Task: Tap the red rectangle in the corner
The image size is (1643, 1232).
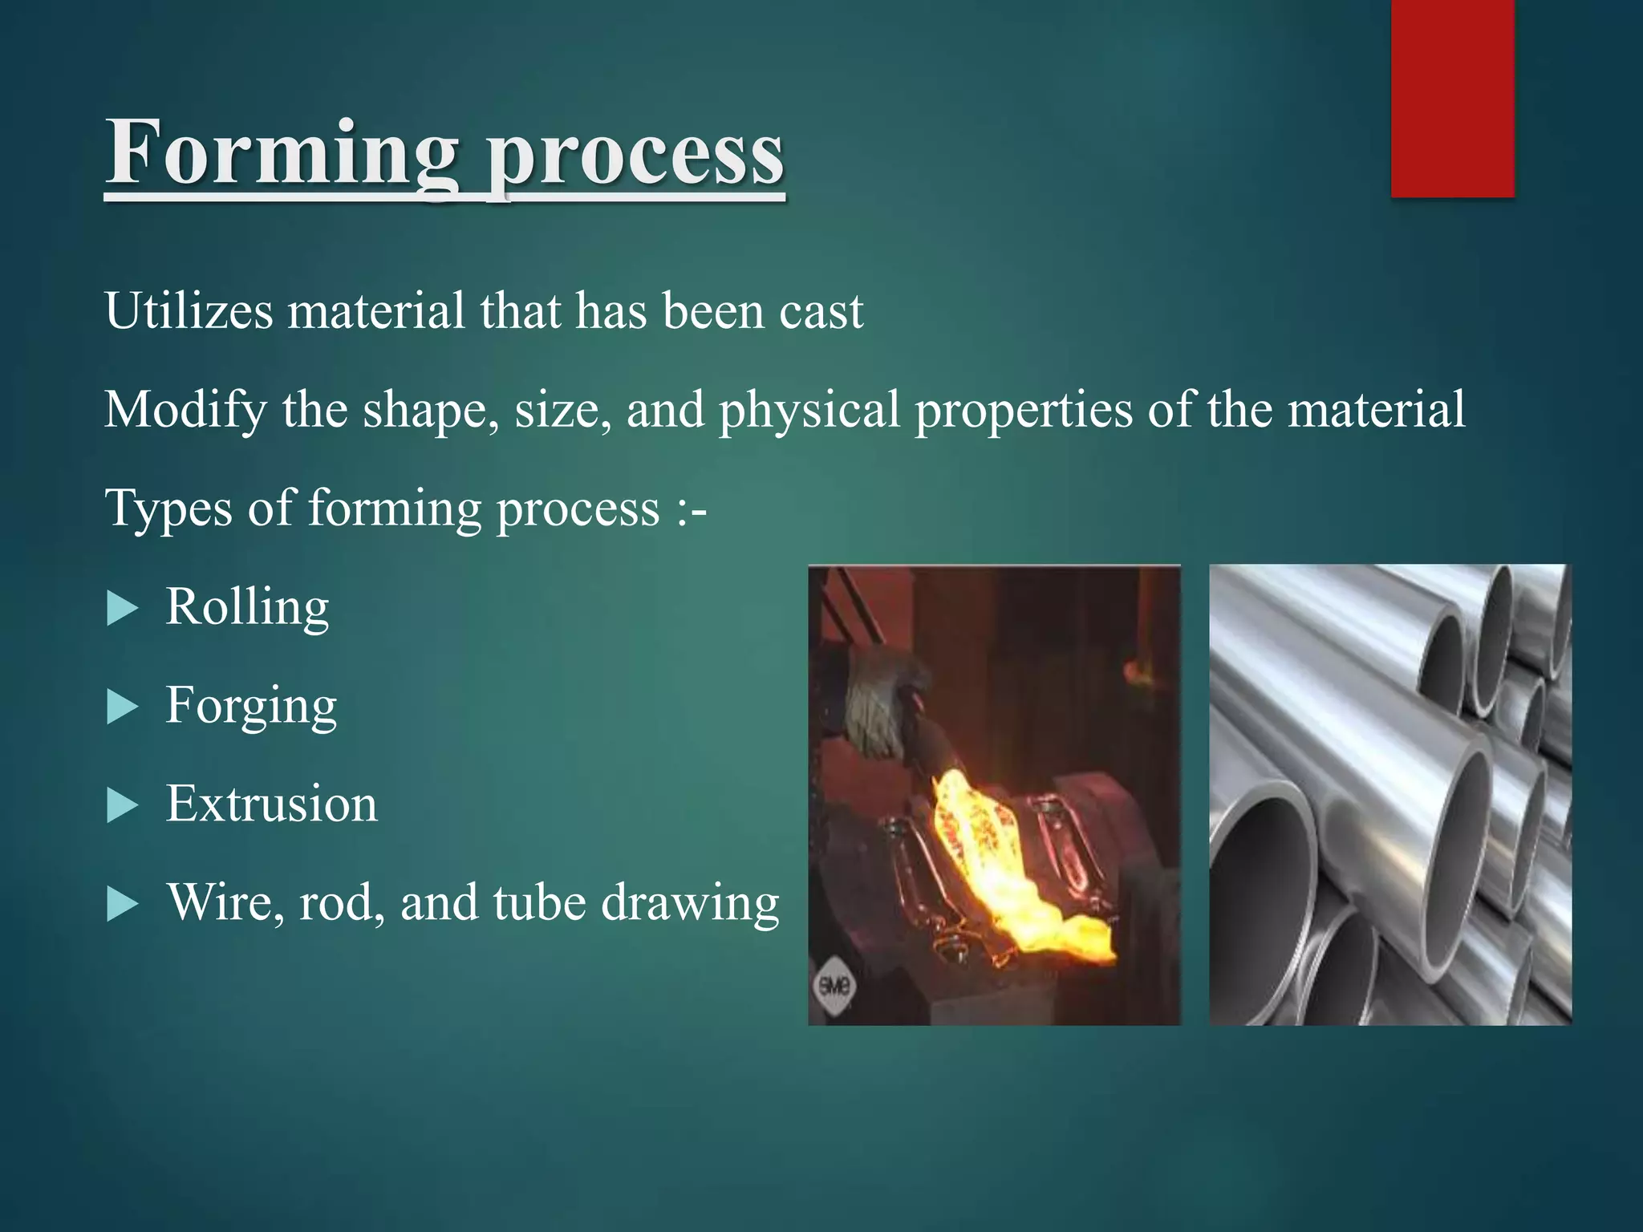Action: coord(1452,98)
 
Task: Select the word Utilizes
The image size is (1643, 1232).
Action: coord(189,310)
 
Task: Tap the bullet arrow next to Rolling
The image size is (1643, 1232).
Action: coord(122,609)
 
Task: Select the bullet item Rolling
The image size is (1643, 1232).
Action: coord(247,606)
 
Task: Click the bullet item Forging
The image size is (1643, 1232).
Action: coord(250,706)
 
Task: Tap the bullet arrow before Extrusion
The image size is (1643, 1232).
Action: coord(122,806)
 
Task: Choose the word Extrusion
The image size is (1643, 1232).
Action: coord(271,804)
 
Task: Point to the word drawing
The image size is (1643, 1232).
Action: coord(690,904)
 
